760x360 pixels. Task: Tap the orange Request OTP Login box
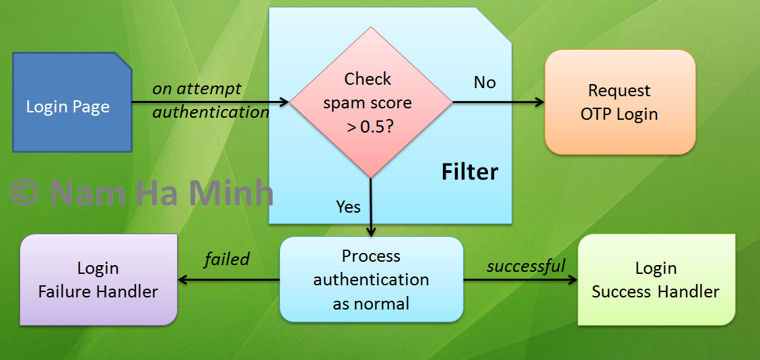pyautogui.click(x=619, y=102)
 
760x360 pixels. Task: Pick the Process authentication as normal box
pyautogui.click(x=371, y=279)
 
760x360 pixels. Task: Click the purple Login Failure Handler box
pyautogui.click(x=98, y=279)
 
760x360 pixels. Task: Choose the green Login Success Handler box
pyautogui.click(x=656, y=279)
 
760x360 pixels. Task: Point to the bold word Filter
pyautogui.click(x=470, y=172)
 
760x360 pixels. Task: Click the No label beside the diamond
pyautogui.click(x=485, y=83)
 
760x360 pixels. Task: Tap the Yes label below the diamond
pyautogui.click(x=348, y=207)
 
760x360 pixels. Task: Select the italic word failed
pyautogui.click(x=227, y=259)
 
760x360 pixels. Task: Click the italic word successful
pyautogui.click(x=526, y=266)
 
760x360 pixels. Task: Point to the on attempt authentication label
pyautogui.click(x=210, y=100)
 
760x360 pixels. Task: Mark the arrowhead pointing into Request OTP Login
pyautogui.click(x=539, y=102)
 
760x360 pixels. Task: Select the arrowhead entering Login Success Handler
pyautogui.click(x=573, y=279)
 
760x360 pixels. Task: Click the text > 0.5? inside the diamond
pyautogui.click(x=370, y=127)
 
